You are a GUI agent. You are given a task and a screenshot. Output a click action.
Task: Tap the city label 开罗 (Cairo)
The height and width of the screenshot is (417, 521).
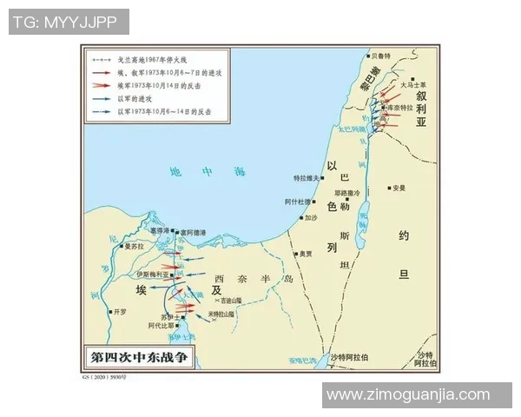pos(122,310)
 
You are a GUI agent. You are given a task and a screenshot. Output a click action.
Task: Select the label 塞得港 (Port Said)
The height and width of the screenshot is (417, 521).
pos(162,232)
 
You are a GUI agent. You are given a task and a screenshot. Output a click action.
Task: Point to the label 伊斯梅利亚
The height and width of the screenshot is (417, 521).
pos(153,275)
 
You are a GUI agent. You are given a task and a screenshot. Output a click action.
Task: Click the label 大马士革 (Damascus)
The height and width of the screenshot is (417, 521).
pos(413,83)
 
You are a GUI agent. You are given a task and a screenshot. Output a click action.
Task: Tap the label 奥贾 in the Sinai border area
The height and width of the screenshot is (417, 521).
pos(305,255)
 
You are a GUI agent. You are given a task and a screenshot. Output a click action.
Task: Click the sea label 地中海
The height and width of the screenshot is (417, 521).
pos(203,173)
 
